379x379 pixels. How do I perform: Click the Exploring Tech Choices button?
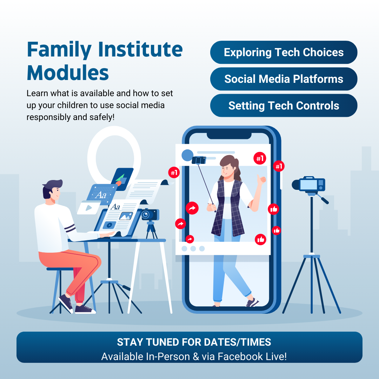(284, 52)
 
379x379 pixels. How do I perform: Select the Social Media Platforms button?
(284, 79)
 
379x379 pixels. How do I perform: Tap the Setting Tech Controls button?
(284, 105)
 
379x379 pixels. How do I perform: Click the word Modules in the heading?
(68, 73)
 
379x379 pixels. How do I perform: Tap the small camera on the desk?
(150, 214)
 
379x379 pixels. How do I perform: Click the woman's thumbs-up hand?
(261, 180)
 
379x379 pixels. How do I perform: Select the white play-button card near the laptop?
(88, 208)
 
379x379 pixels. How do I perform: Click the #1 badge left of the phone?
(174, 173)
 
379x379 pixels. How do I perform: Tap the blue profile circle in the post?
(187, 155)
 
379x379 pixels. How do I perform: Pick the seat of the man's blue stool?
(60, 269)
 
